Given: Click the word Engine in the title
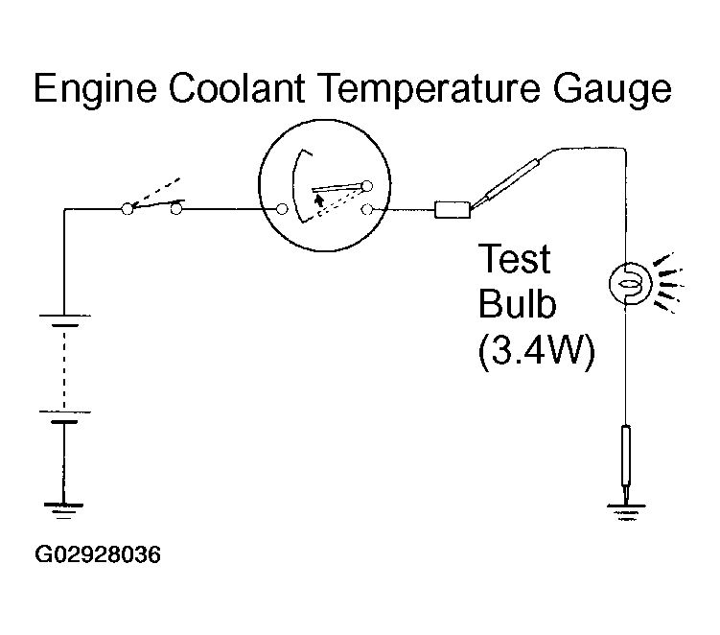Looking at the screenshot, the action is click(x=95, y=89).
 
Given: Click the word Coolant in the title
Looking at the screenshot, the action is click(x=237, y=87).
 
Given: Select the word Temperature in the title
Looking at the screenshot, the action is click(x=429, y=89).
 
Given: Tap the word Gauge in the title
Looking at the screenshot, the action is click(x=612, y=89).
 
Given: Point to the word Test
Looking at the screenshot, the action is click(x=514, y=259).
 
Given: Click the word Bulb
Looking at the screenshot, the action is click(x=517, y=303).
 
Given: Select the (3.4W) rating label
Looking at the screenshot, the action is click(x=536, y=351).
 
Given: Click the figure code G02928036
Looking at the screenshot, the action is click(x=98, y=554).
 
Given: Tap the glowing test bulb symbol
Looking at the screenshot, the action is click(x=631, y=284).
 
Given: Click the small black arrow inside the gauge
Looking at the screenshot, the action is click(x=318, y=200).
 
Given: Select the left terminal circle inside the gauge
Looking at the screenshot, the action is click(x=282, y=209).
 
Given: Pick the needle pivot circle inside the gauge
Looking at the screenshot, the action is click(x=367, y=186).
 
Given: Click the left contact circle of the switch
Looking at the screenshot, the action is click(x=128, y=209).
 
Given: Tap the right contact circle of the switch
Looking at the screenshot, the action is click(x=176, y=209).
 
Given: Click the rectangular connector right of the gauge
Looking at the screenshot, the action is click(x=453, y=209).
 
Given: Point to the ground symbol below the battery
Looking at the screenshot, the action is click(x=63, y=510).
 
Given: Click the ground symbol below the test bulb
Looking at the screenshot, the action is click(x=626, y=512).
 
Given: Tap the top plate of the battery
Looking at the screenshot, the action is click(x=65, y=316).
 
